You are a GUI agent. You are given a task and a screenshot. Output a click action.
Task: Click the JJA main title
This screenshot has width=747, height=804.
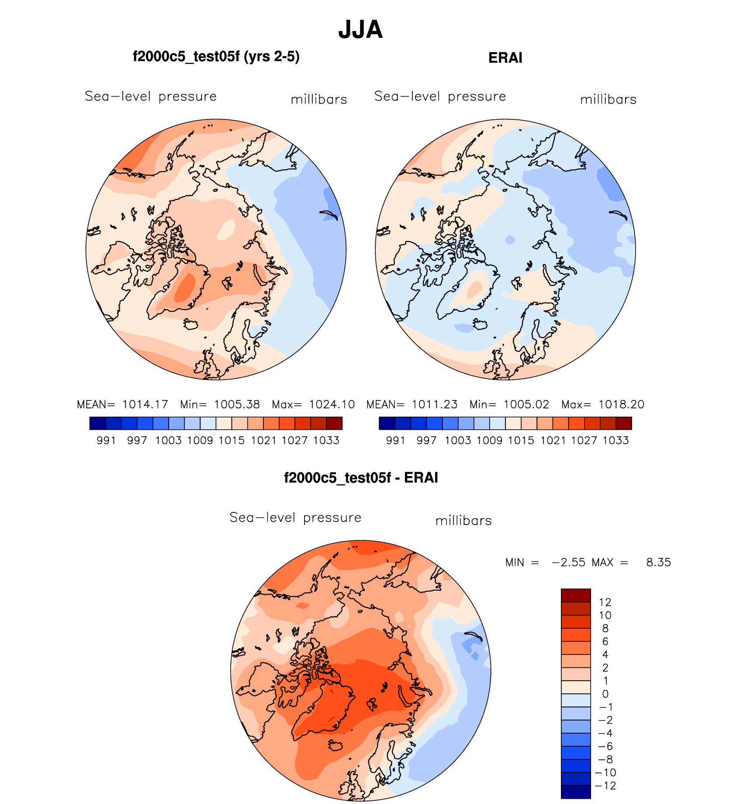(360, 30)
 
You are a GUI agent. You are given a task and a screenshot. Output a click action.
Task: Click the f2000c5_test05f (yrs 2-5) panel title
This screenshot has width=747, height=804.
(216, 57)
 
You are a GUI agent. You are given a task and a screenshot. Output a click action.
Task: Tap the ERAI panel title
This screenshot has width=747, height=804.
(505, 58)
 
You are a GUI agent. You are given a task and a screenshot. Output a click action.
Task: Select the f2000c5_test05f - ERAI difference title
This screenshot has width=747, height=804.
(361, 477)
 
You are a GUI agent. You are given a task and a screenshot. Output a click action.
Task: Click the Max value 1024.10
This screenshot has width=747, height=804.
(332, 404)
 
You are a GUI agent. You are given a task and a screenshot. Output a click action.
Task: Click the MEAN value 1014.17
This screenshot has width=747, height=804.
(145, 404)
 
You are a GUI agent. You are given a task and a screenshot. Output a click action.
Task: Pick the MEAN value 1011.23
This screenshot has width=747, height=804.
(435, 404)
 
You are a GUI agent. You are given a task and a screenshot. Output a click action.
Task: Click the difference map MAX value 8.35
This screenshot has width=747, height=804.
(658, 562)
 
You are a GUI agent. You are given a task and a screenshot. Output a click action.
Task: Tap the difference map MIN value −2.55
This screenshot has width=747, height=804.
(568, 562)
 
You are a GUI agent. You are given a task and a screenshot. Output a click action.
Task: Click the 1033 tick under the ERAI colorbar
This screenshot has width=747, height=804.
(616, 440)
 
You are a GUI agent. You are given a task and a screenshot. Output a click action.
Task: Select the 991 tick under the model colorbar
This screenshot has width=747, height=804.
(106, 440)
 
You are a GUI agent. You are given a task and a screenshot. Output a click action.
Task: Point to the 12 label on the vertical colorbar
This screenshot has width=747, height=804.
(605, 602)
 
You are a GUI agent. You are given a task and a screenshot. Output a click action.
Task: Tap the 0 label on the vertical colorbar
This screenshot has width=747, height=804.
(605, 694)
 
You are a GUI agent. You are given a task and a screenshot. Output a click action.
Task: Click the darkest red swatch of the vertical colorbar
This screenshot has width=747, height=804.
(576, 595)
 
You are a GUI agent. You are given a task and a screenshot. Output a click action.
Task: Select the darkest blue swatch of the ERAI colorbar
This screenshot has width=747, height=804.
(387, 423)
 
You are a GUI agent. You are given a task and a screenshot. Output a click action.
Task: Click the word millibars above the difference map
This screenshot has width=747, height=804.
(463, 521)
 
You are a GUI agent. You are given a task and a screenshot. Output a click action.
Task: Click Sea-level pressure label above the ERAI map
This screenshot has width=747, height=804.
(440, 96)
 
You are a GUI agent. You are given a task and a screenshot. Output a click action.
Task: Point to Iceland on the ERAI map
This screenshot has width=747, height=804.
(481, 325)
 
